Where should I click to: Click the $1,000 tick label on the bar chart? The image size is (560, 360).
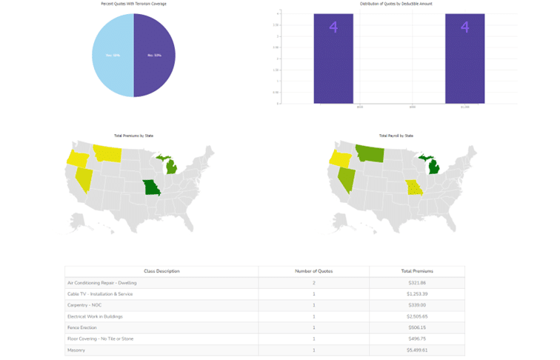tap(464, 107)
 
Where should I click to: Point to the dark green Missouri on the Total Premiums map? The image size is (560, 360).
tap(151, 187)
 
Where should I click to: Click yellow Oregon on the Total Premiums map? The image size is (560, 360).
tap(76, 158)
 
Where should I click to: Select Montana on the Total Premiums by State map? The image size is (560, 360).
tap(107, 153)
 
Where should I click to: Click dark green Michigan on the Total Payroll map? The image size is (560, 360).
tap(434, 167)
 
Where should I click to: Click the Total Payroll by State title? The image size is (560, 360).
tap(396, 136)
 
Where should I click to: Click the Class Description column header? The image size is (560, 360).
tap(161, 271)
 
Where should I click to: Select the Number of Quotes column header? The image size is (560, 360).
tap(313, 271)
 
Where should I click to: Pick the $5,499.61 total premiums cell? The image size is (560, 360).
tap(417, 350)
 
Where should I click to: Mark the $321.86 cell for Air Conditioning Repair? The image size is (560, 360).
tap(417, 283)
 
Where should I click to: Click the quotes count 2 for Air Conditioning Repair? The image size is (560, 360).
tap(313, 283)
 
